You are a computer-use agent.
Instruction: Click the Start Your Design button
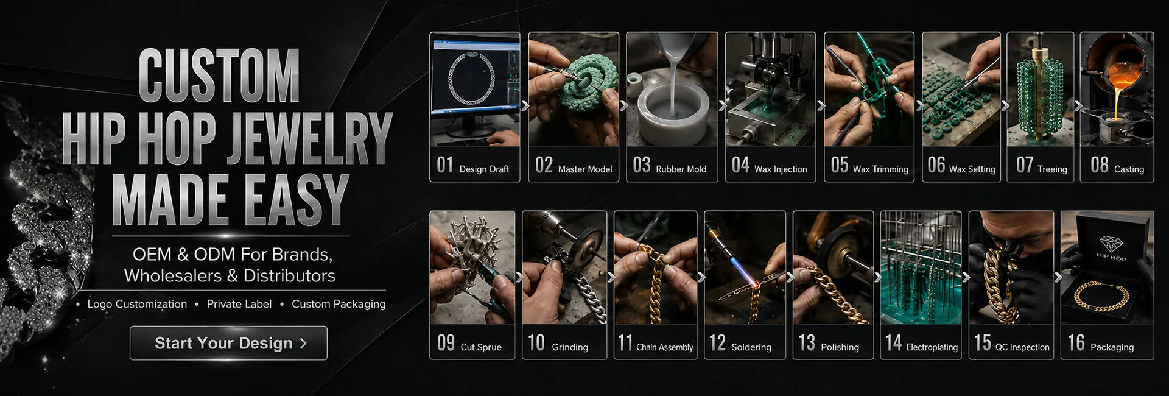tap(228, 343)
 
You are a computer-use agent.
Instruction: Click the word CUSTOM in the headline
tap(219, 76)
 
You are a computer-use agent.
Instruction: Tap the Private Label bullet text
tap(239, 304)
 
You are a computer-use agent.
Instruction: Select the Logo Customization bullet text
tap(137, 304)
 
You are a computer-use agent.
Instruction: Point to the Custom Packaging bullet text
tap(339, 304)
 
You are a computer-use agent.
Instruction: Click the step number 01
tap(445, 165)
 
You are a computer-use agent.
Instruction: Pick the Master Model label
tap(585, 169)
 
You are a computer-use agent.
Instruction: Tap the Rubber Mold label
tap(681, 169)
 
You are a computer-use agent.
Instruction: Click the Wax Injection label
tap(781, 169)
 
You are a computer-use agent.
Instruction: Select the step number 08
tap(1100, 165)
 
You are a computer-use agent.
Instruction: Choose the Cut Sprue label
tap(481, 347)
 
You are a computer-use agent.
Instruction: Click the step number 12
tap(718, 343)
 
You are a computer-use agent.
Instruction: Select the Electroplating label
tap(932, 347)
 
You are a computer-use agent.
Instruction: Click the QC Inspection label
tap(1022, 347)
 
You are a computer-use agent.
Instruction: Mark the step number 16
tap(1076, 343)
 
